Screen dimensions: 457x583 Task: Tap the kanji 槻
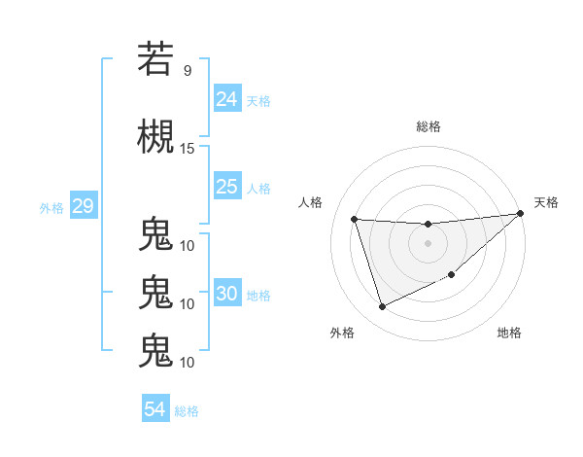(155, 135)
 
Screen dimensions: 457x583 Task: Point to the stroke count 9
(187, 70)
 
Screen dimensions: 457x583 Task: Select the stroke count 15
(188, 148)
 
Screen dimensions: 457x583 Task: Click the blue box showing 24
(227, 99)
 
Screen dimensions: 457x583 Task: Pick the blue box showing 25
(227, 187)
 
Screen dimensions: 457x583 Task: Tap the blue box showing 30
(227, 295)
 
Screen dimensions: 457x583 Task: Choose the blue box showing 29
(83, 206)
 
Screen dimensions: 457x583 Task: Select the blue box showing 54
(155, 409)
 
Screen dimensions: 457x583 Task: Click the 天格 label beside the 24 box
(258, 100)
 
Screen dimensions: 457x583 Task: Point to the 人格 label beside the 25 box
(258, 188)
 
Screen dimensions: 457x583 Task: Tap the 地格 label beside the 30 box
(258, 296)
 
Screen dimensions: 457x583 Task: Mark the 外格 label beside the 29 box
(51, 207)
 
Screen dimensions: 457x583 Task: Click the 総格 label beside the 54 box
(187, 410)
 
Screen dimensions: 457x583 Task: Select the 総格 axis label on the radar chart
(428, 126)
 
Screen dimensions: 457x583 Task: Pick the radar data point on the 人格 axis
(355, 219)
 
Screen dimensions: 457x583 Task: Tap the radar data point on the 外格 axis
(382, 307)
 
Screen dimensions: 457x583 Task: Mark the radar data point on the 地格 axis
(452, 275)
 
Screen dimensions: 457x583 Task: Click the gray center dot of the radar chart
(428, 243)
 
